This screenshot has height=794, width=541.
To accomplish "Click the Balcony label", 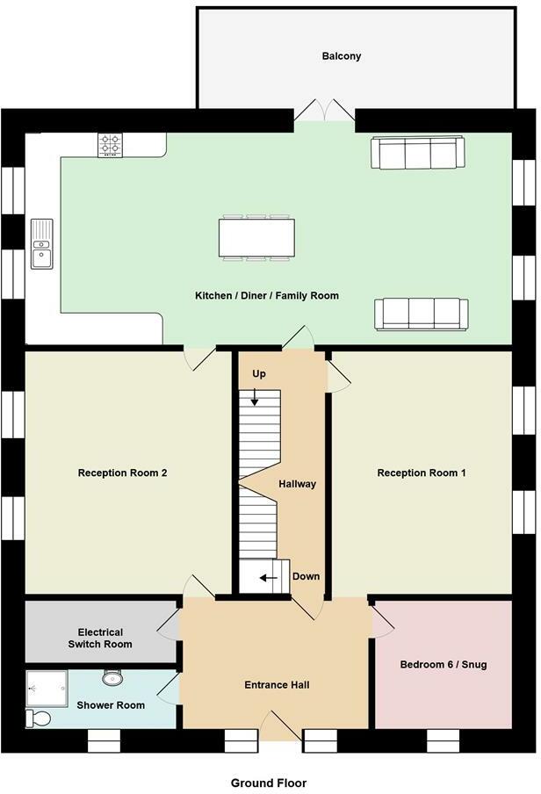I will pyautogui.click(x=341, y=56).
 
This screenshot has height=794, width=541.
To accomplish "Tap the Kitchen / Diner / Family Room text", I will pyautogui.click(x=266, y=296).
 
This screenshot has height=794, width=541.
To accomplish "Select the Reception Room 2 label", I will pyautogui.click(x=122, y=473).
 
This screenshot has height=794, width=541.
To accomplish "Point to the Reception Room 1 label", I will pyautogui.click(x=421, y=473).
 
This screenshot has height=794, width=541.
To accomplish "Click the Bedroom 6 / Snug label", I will pyautogui.click(x=443, y=664).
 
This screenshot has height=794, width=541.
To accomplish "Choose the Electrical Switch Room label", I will pyautogui.click(x=100, y=638).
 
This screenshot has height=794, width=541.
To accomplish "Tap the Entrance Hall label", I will pyautogui.click(x=277, y=684).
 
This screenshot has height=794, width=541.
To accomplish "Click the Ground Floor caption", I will pyautogui.click(x=269, y=782).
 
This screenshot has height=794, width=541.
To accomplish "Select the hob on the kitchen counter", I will pyautogui.click(x=110, y=145).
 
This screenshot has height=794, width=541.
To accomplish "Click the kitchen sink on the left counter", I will pyautogui.click(x=41, y=243).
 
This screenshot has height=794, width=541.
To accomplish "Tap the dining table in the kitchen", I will pyautogui.click(x=256, y=237).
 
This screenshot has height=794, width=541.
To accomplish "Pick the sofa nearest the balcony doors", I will pyautogui.click(x=417, y=153).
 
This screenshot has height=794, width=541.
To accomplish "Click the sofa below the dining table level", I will pyautogui.click(x=421, y=314).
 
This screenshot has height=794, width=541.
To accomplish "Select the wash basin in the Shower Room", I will pyautogui.click(x=112, y=678).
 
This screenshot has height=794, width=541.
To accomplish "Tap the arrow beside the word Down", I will pyautogui.click(x=271, y=578).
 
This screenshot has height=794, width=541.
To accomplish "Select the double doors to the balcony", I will pyautogui.click(x=324, y=112).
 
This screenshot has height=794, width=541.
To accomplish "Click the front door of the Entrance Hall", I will pyautogui.click(x=279, y=728).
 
